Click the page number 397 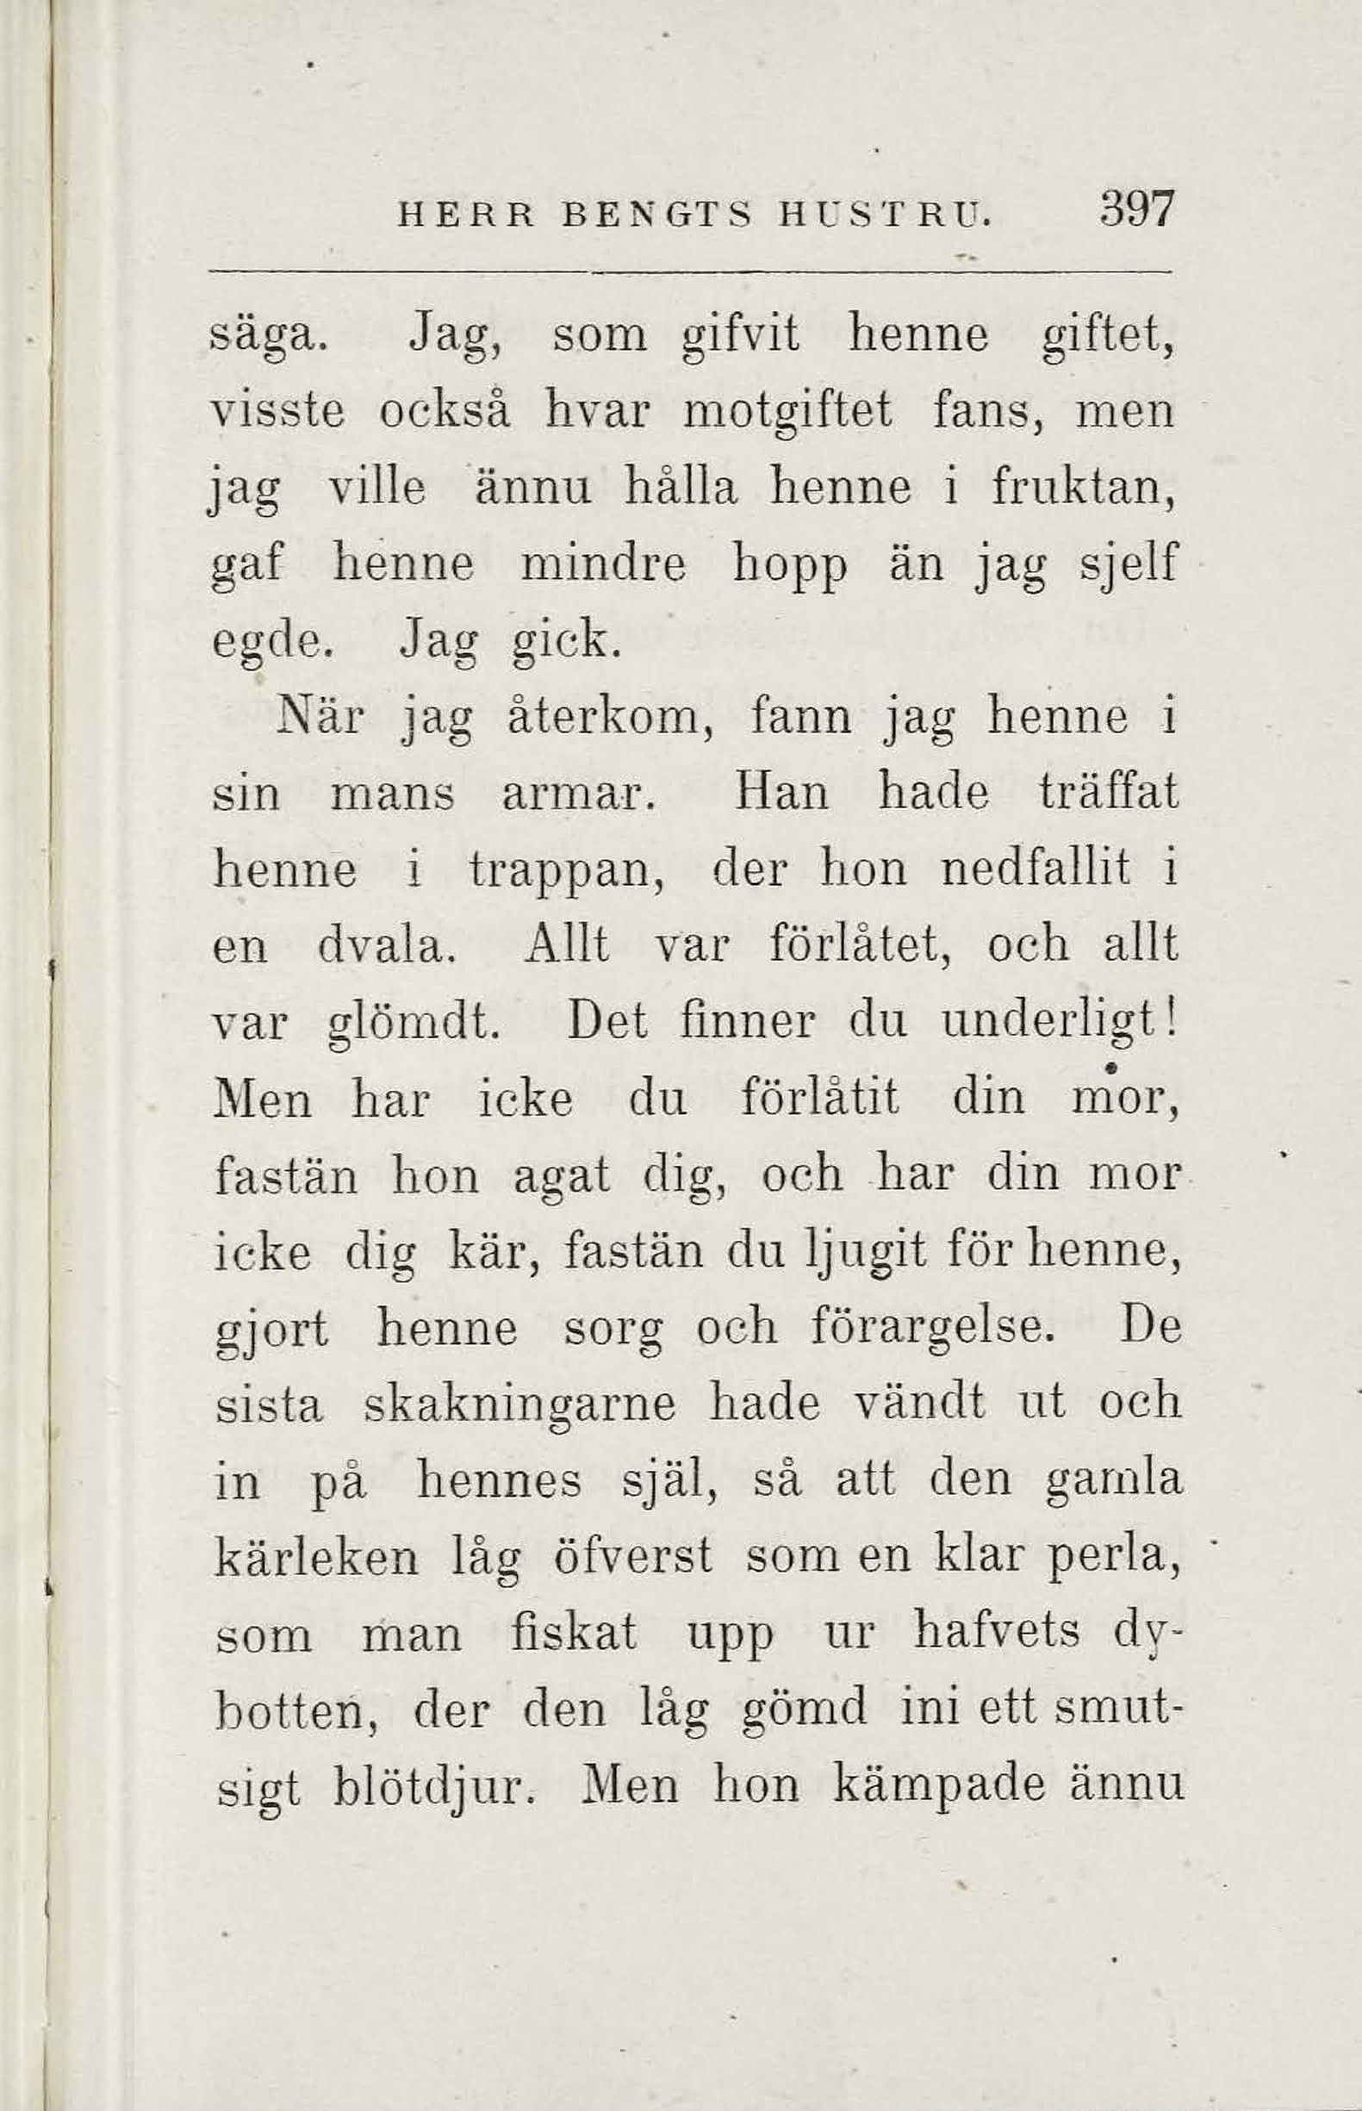(x=1137, y=210)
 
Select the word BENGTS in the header (x=657, y=215)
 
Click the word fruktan (x=1082, y=489)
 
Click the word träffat (x=1109, y=794)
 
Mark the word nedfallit (x=1035, y=870)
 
